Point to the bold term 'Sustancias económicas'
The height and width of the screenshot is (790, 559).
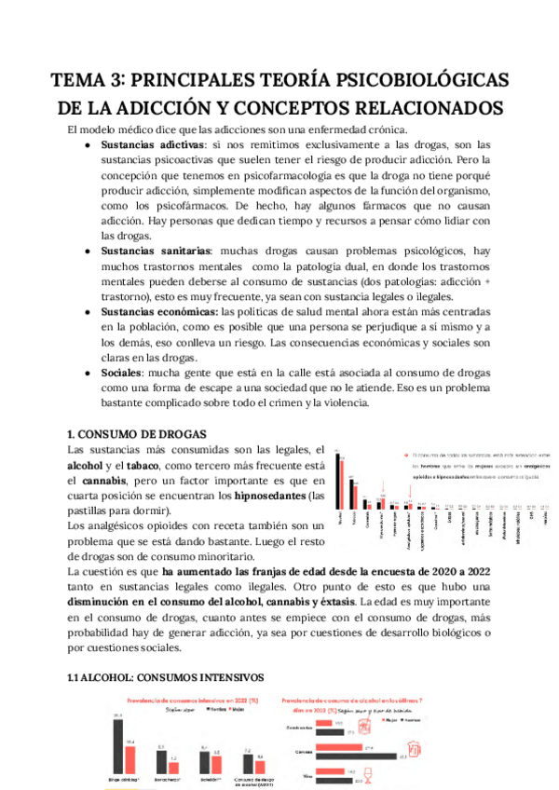159,312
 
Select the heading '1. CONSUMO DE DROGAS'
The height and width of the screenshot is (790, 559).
130,434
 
